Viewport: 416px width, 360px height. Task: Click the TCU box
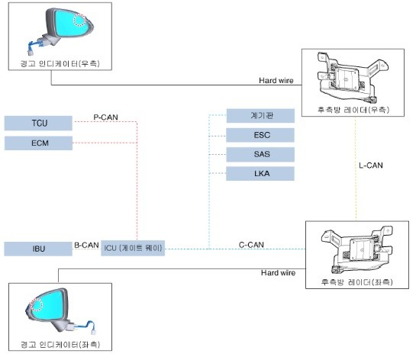tap(38, 123)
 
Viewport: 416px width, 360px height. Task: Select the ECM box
tap(38, 143)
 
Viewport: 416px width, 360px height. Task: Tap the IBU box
tap(38, 249)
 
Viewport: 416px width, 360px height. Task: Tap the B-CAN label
tap(86, 246)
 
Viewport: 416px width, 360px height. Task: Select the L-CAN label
tap(370, 165)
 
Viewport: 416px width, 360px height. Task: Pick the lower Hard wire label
tap(278, 272)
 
